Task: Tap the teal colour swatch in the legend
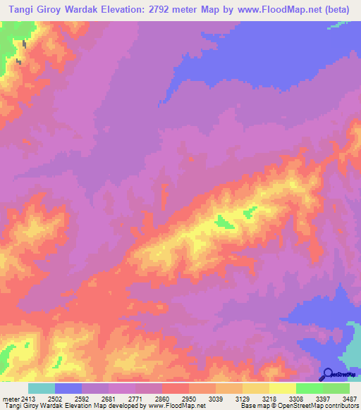click(x=41, y=388)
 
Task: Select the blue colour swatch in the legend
click(x=68, y=388)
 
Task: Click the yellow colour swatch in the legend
click(x=282, y=388)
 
